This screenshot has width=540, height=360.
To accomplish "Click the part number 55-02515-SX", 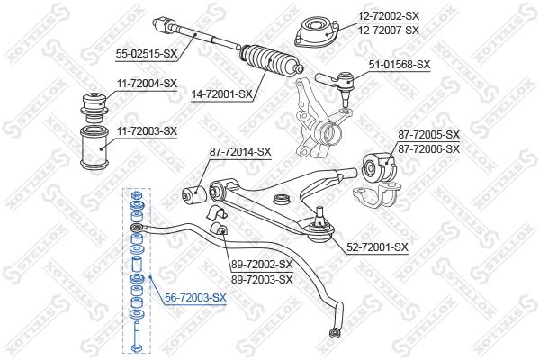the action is point(147,53).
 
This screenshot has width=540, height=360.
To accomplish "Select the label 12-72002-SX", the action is point(389,15).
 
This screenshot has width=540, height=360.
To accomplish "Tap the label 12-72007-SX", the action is point(389,31).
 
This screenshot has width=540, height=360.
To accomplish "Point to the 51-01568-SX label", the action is point(400,65).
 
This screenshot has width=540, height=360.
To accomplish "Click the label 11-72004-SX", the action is point(147,83).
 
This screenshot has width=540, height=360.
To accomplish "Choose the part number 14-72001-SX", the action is point(222,94).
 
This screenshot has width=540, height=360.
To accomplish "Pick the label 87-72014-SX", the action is point(240,151).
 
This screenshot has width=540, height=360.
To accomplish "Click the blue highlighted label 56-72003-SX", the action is point(195,297).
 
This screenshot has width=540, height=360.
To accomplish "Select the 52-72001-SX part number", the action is point(377,247).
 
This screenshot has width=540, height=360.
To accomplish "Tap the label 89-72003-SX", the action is point(262,279).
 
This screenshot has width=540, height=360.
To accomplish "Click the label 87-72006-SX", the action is point(429,149).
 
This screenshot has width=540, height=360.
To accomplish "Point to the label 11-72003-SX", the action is point(147,131).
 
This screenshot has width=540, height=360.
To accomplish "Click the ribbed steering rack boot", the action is point(272,61).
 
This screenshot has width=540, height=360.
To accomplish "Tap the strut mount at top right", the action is point(317,32).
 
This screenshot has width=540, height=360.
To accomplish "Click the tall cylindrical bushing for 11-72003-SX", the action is point(94,148).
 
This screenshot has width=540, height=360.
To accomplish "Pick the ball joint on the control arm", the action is point(319,225).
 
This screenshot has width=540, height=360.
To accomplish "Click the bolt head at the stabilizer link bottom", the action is point(136,348).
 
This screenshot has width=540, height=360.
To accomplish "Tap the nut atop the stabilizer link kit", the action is point(136,196).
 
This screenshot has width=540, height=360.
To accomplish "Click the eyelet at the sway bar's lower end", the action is point(333,333).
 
